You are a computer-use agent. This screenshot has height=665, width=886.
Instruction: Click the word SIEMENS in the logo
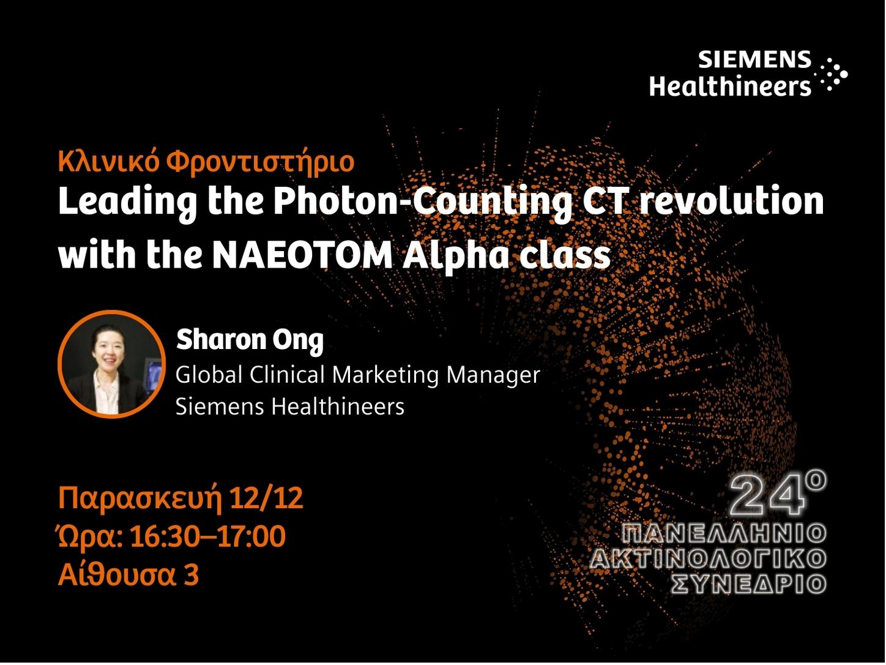754,60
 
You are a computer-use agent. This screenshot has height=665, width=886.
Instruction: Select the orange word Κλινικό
108,161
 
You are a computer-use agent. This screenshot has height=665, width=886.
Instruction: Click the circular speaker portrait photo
111,364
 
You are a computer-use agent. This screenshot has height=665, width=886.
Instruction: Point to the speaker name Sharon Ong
250,340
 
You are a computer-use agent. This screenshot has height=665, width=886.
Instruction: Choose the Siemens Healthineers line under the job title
290,406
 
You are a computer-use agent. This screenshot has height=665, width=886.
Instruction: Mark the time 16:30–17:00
208,536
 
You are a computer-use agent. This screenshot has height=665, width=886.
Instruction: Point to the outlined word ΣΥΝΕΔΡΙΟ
749,584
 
